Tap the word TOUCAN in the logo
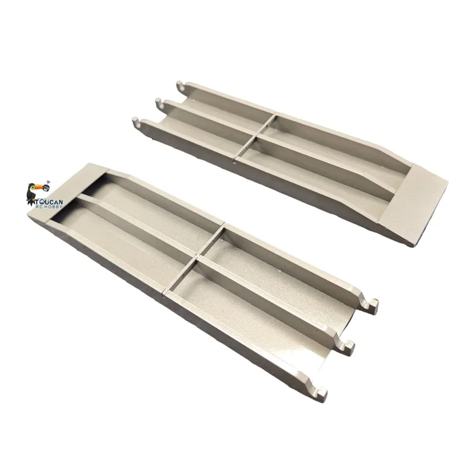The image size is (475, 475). click(x=49, y=202)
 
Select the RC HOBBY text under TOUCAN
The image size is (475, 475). click(x=49, y=207)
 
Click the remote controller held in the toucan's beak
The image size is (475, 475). click(x=46, y=188)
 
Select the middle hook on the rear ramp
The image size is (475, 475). click(x=159, y=102)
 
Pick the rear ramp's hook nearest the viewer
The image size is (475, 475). click(x=137, y=121)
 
